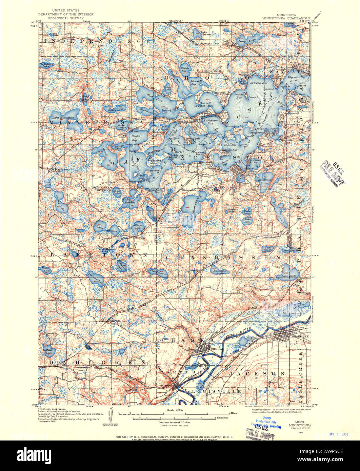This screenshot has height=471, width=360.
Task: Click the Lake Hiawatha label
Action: (60, 118)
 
